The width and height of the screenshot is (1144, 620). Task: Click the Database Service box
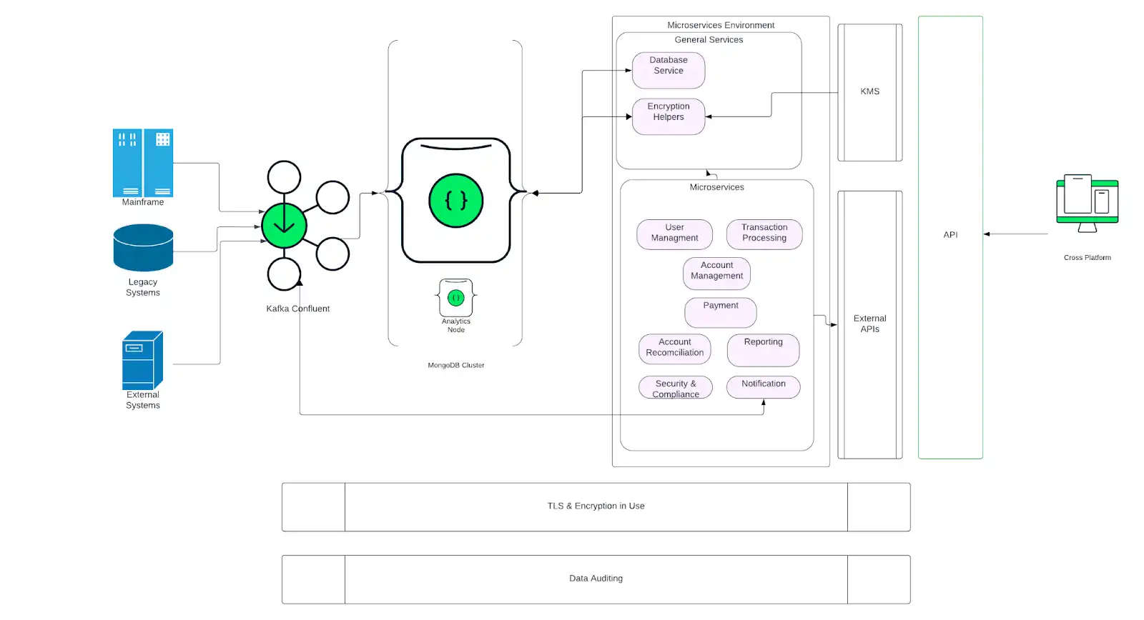point(669,69)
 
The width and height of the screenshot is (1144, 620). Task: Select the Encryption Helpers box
point(669,116)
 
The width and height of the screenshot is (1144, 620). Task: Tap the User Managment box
point(674,234)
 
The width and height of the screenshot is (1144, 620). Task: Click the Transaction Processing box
point(764,234)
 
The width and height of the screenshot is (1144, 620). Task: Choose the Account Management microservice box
point(716,273)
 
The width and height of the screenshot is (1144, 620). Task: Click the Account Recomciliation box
point(674,349)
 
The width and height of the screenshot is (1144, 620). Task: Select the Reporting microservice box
point(763,349)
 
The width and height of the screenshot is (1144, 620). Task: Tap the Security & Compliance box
point(675,387)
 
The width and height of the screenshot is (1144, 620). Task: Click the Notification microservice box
point(763,386)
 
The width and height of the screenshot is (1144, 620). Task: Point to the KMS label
point(869,91)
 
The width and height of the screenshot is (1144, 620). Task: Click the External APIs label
point(869,324)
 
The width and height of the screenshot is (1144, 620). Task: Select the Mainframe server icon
point(143,162)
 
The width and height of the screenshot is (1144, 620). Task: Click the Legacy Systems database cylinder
point(143,247)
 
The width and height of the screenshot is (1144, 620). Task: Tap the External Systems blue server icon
point(142,359)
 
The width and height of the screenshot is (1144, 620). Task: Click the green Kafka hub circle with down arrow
point(284,226)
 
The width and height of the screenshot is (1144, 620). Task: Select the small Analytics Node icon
point(455,298)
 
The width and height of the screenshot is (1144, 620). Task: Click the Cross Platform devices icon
point(1087,203)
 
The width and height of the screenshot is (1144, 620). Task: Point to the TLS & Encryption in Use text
point(596,506)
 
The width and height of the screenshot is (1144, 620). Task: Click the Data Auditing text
point(596,579)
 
